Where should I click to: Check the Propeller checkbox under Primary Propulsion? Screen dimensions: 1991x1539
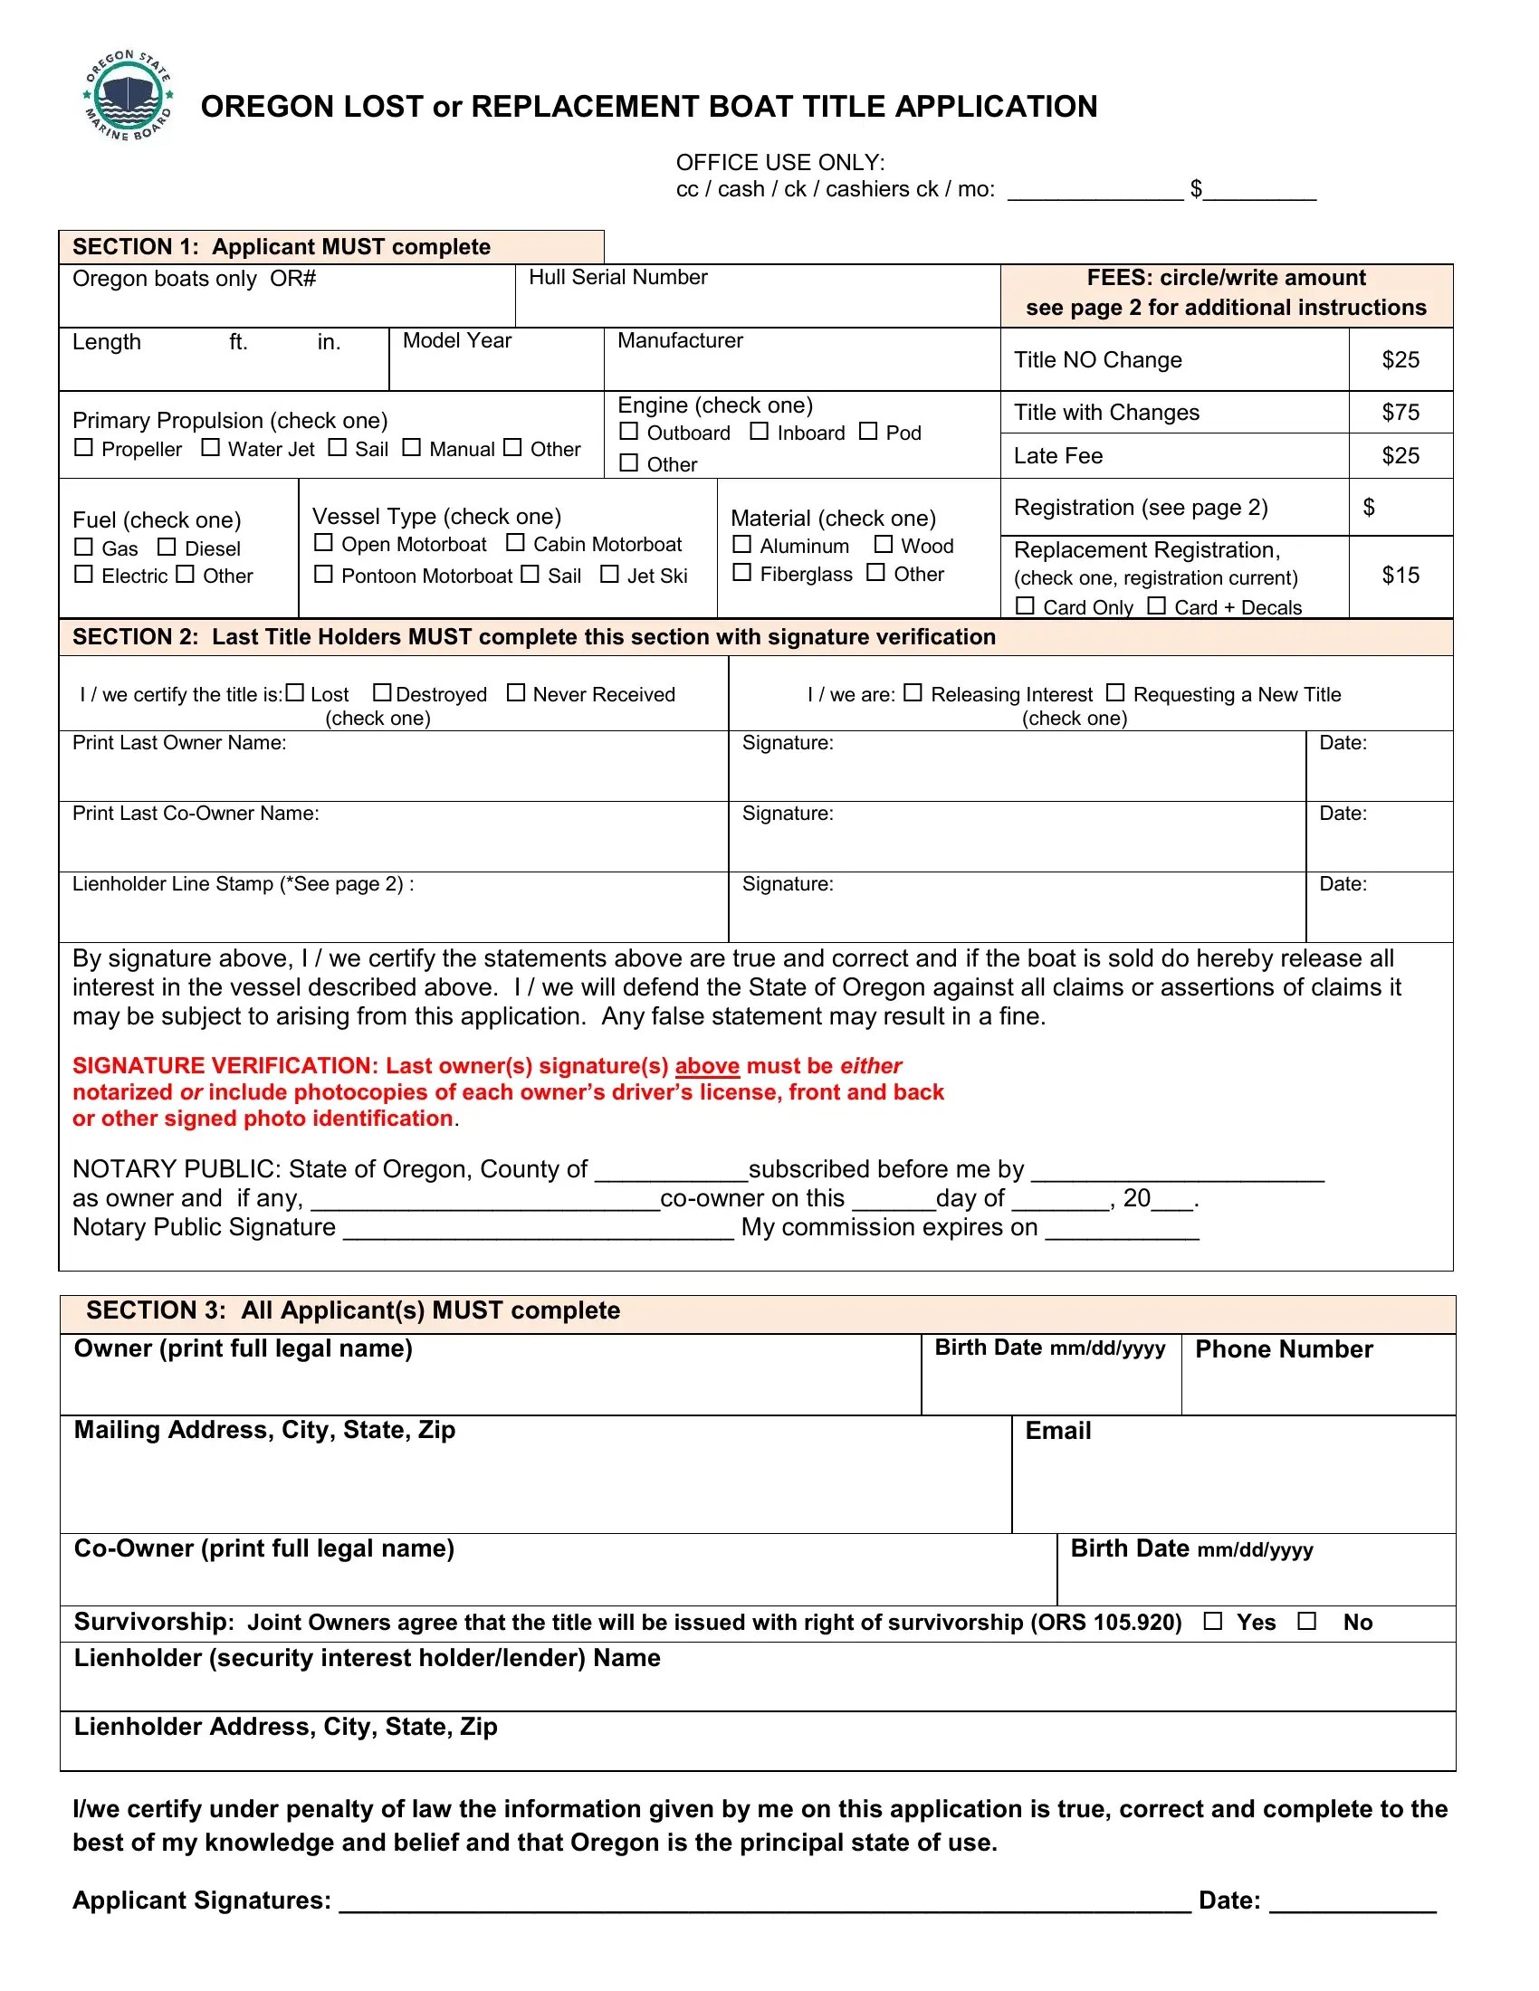(x=84, y=447)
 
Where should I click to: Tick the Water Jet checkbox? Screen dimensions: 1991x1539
(x=211, y=447)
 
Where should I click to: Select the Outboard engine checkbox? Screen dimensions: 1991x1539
(x=629, y=431)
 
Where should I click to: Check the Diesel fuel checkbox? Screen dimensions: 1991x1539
(x=167, y=547)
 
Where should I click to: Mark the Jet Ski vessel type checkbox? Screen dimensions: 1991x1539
(x=610, y=575)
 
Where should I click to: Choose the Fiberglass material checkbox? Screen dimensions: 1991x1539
(x=742, y=573)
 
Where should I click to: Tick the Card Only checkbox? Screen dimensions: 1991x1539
(x=1025, y=606)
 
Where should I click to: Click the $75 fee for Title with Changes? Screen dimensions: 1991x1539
(x=1400, y=412)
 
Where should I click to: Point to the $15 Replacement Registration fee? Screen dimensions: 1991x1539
(x=1400, y=576)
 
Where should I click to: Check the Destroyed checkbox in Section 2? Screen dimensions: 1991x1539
(x=382, y=693)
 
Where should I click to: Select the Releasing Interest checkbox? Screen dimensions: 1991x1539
(x=913, y=693)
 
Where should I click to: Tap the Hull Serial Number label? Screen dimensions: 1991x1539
(x=617, y=277)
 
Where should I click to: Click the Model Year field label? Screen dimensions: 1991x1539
(x=457, y=340)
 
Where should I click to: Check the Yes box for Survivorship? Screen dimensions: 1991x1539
(x=1212, y=1621)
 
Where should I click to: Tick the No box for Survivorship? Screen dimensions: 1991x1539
(x=1307, y=1621)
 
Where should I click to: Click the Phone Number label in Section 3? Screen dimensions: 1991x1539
(x=1283, y=1349)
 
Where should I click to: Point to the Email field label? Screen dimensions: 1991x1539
(x=1057, y=1430)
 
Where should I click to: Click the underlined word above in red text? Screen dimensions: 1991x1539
(x=707, y=1066)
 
